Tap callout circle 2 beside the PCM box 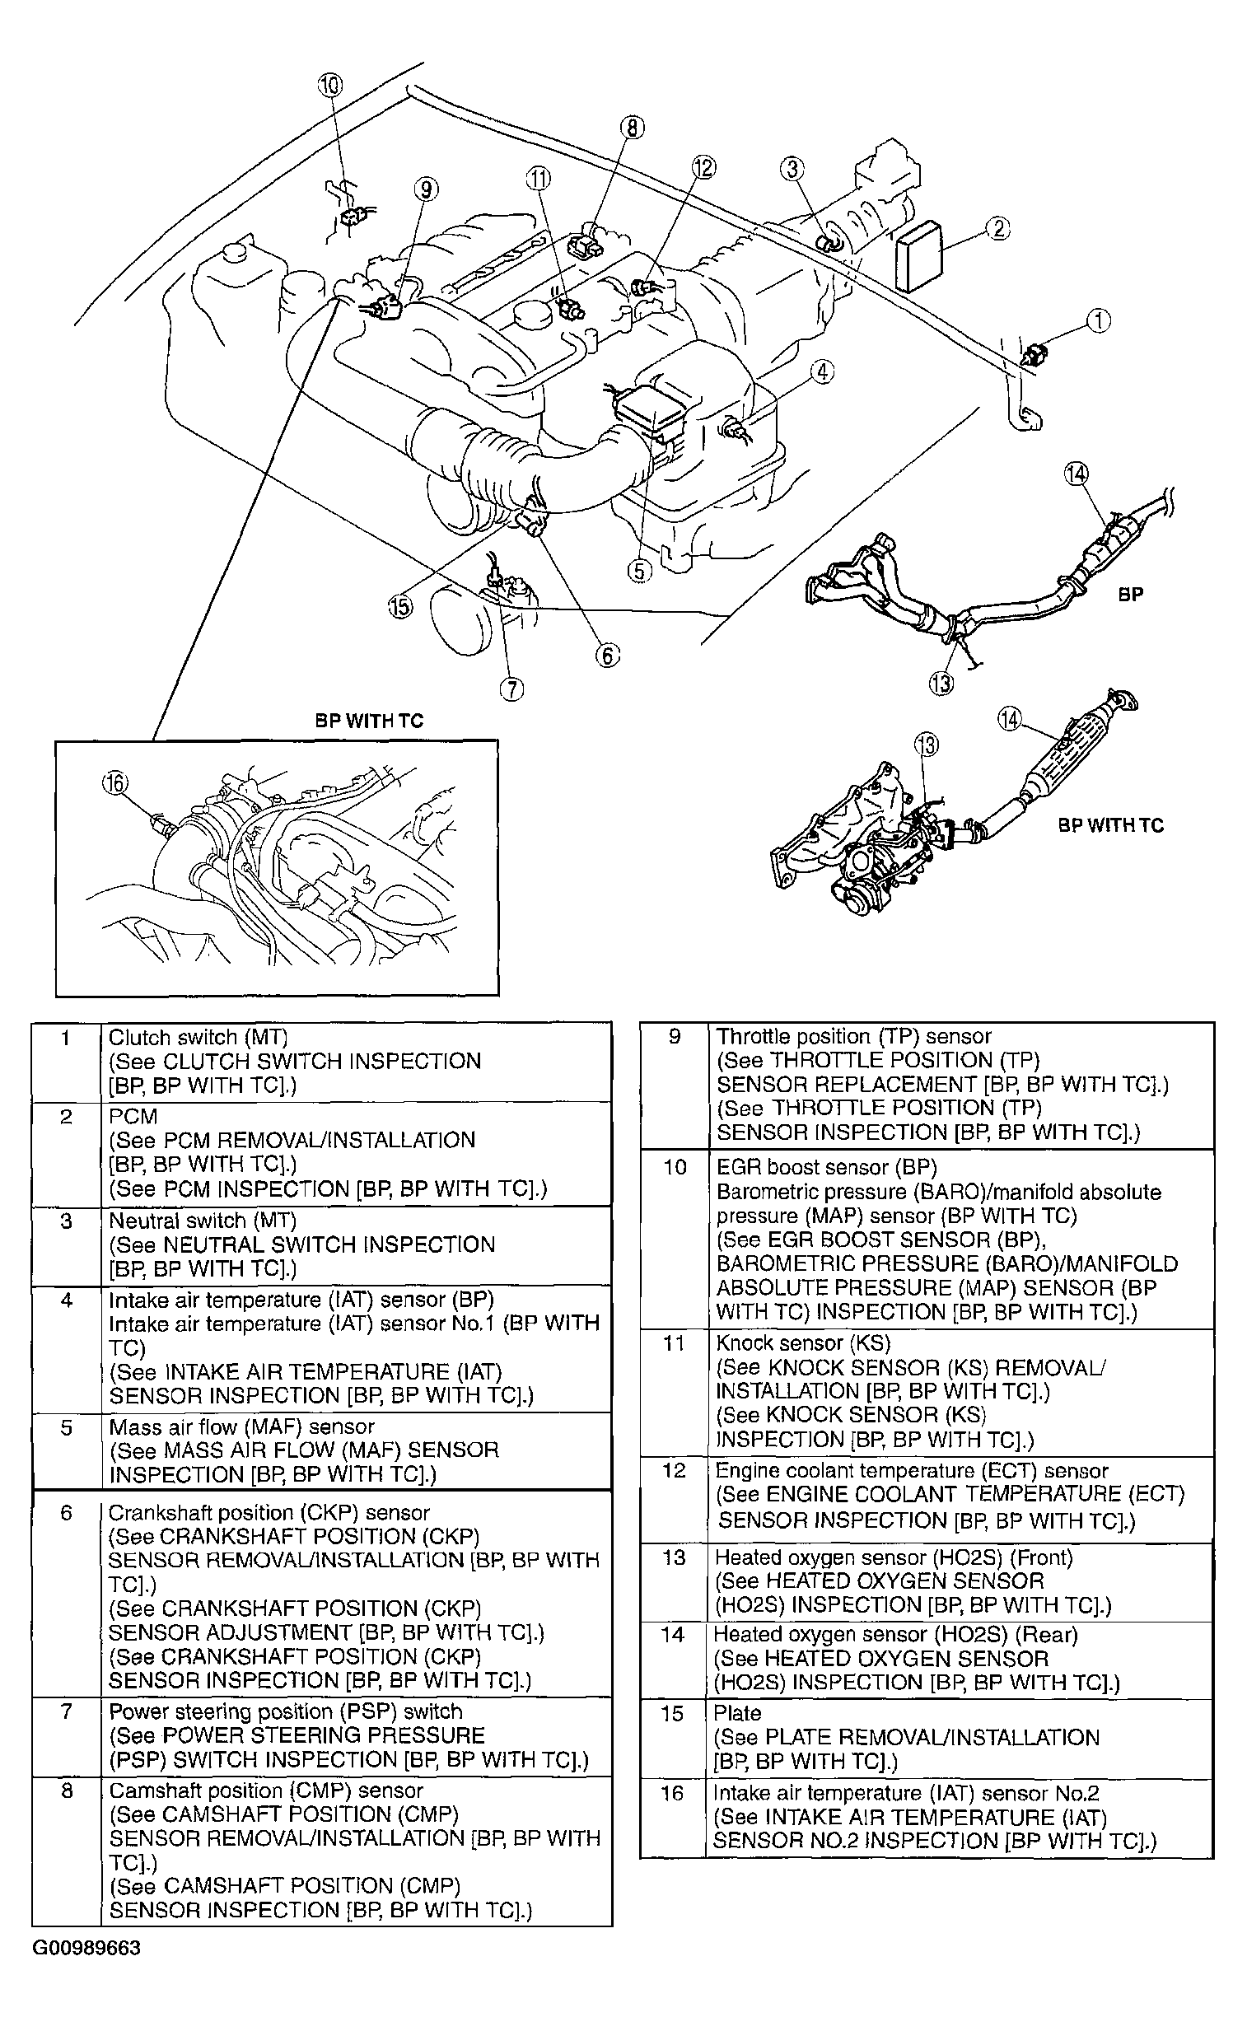[x=998, y=228]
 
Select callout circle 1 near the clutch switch [x=1099, y=320]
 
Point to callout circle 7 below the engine [x=511, y=689]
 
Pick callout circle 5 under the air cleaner [x=640, y=571]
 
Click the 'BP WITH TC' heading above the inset [x=369, y=721]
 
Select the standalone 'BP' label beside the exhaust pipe [x=1131, y=594]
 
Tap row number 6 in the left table [x=67, y=1512]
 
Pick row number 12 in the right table [x=674, y=1470]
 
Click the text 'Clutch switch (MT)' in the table [x=198, y=1038]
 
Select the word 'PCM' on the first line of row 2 [x=133, y=1117]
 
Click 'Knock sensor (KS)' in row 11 [x=803, y=1343]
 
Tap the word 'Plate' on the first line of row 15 [x=737, y=1714]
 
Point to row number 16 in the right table [x=672, y=1794]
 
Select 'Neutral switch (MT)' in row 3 [x=202, y=1221]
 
